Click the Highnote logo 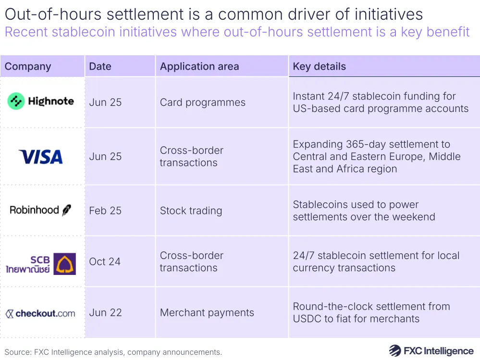(41, 101)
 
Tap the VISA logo (41, 157)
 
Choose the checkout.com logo (41, 313)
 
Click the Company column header (28, 66)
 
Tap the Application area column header (199, 66)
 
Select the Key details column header (320, 66)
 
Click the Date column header (100, 66)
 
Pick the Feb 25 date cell (105, 211)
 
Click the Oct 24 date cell (105, 261)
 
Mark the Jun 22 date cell (105, 312)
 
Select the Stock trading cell (191, 211)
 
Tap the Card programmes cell (202, 102)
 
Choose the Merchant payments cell (207, 312)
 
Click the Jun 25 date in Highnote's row (105, 102)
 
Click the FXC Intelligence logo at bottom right (431, 351)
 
